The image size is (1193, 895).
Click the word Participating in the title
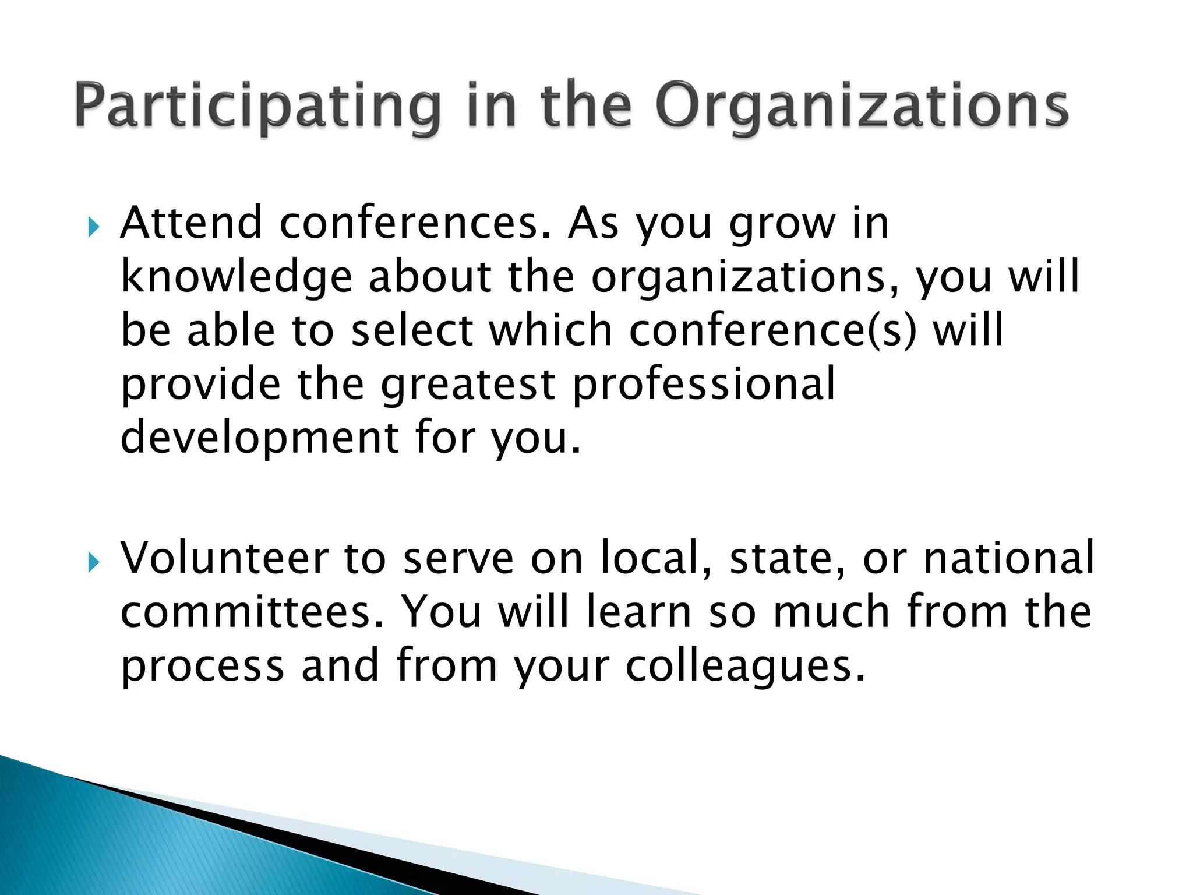pyautogui.click(x=256, y=107)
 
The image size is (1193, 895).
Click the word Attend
pyautogui.click(x=191, y=223)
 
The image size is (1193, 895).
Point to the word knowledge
pyautogui.click(x=236, y=277)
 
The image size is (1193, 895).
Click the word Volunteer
pyautogui.click(x=224, y=558)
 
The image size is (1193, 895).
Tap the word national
pyautogui.click(x=1009, y=558)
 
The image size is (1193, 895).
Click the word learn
pyautogui.click(x=638, y=612)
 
